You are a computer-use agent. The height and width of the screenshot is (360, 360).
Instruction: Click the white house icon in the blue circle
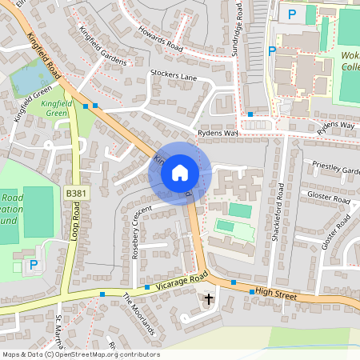tap(180, 173)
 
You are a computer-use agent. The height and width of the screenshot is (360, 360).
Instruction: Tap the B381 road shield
tap(76, 194)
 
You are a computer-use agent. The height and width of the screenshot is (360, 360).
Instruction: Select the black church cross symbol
tap(210, 300)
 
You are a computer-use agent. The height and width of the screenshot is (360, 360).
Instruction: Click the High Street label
tap(275, 295)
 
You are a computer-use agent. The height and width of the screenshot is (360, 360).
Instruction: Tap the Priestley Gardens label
tap(336, 170)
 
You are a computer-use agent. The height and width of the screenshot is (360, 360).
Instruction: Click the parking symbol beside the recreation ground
tap(33, 265)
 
